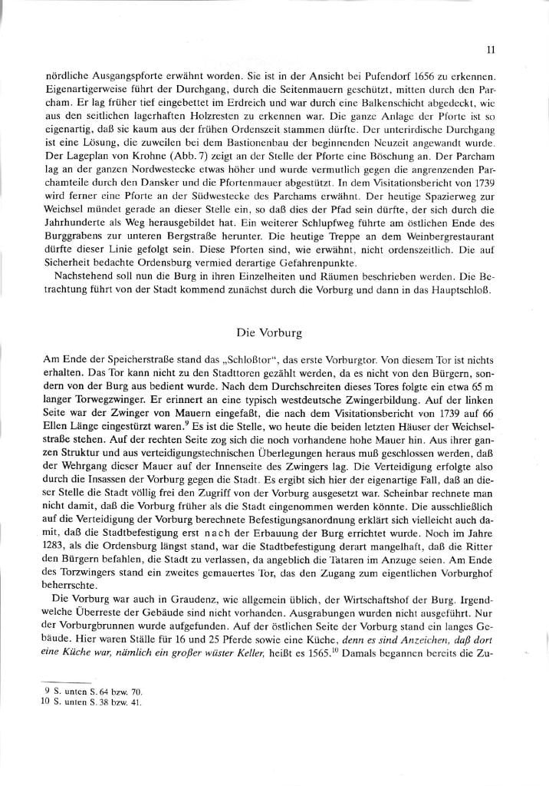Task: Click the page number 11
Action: tap(490, 50)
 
